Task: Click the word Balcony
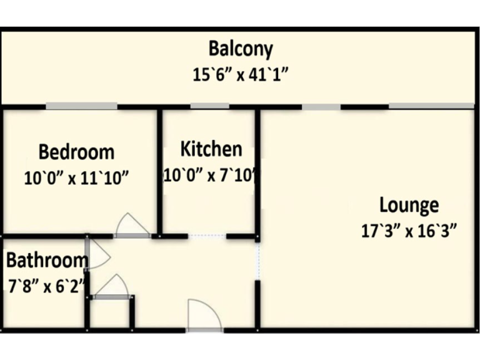pyautogui.click(x=241, y=48)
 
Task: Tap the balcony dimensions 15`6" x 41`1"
pyautogui.click(x=240, y=74)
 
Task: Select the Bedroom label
pyautogui.click(x=76, y=152)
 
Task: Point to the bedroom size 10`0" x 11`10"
pyautogui.click(x=76, y=178)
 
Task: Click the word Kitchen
pyautogui.click(x=211, y=149)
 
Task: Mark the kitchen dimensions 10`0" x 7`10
pyautogui.click(x=211, y=175)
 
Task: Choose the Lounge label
pyautogui.click(x=409, y=205)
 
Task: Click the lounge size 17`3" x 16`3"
pyautogui.click(x=409, y=231)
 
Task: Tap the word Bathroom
pyautogui.click(x=46, y=260)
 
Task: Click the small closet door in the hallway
pyautogui.click(x=112, y=286)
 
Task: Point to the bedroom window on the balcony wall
pyautogui.click(x=81, y=106)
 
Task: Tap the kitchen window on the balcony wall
pyautogui.click(x=209, y=106)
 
